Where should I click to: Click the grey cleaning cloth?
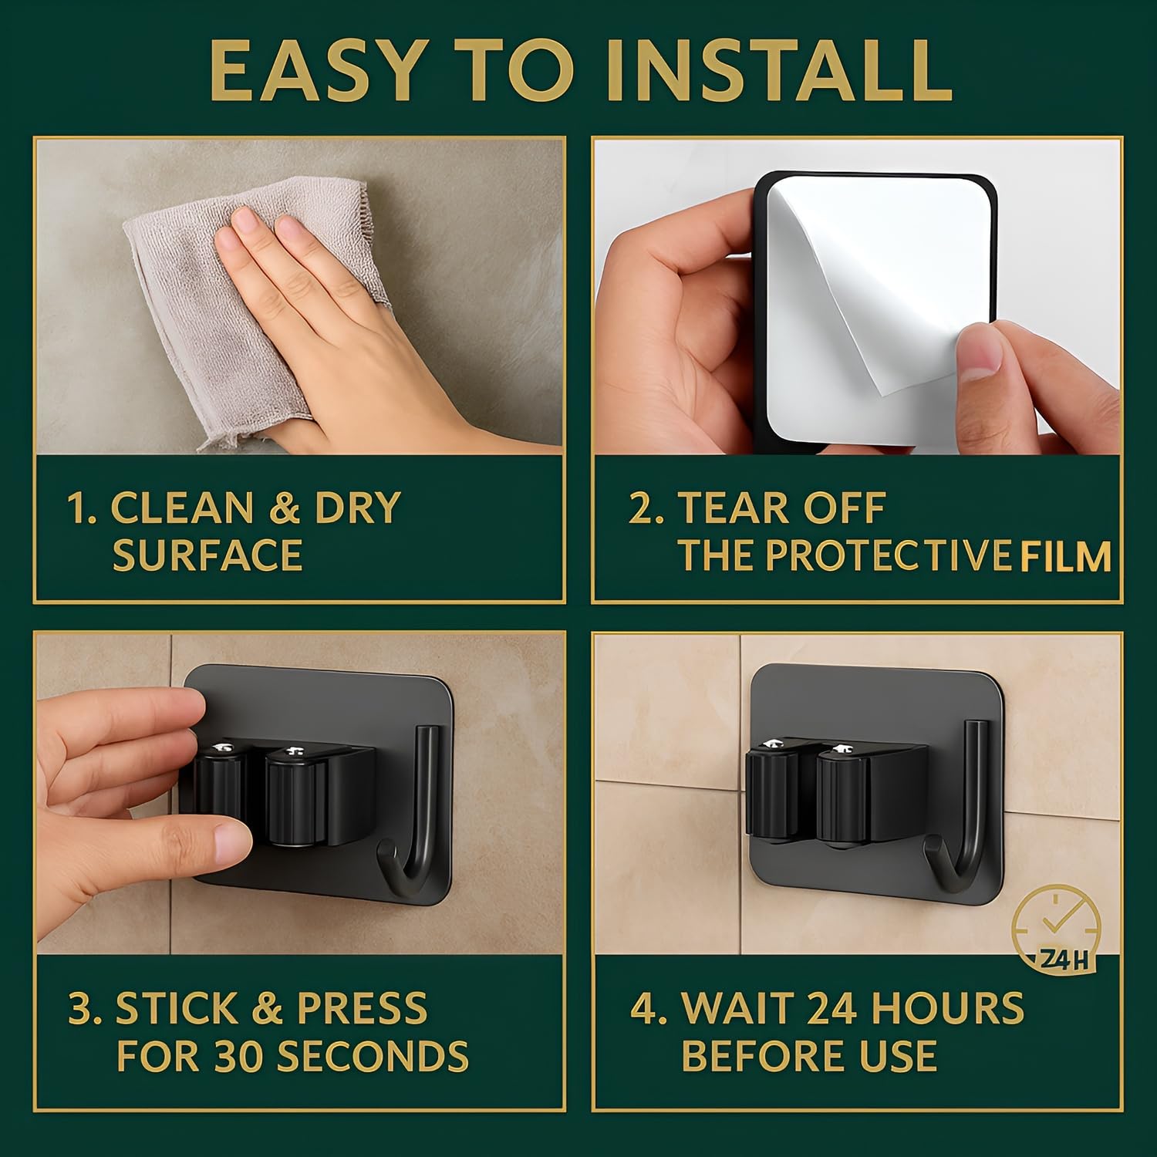[x=247, y=309]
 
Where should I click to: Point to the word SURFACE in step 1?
[x=207, y=556]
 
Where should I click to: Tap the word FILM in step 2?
[x=1065, y=556]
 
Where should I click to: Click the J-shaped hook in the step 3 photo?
[x=425, y=818]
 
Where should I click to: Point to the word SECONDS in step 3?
[x=372, y=1056]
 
